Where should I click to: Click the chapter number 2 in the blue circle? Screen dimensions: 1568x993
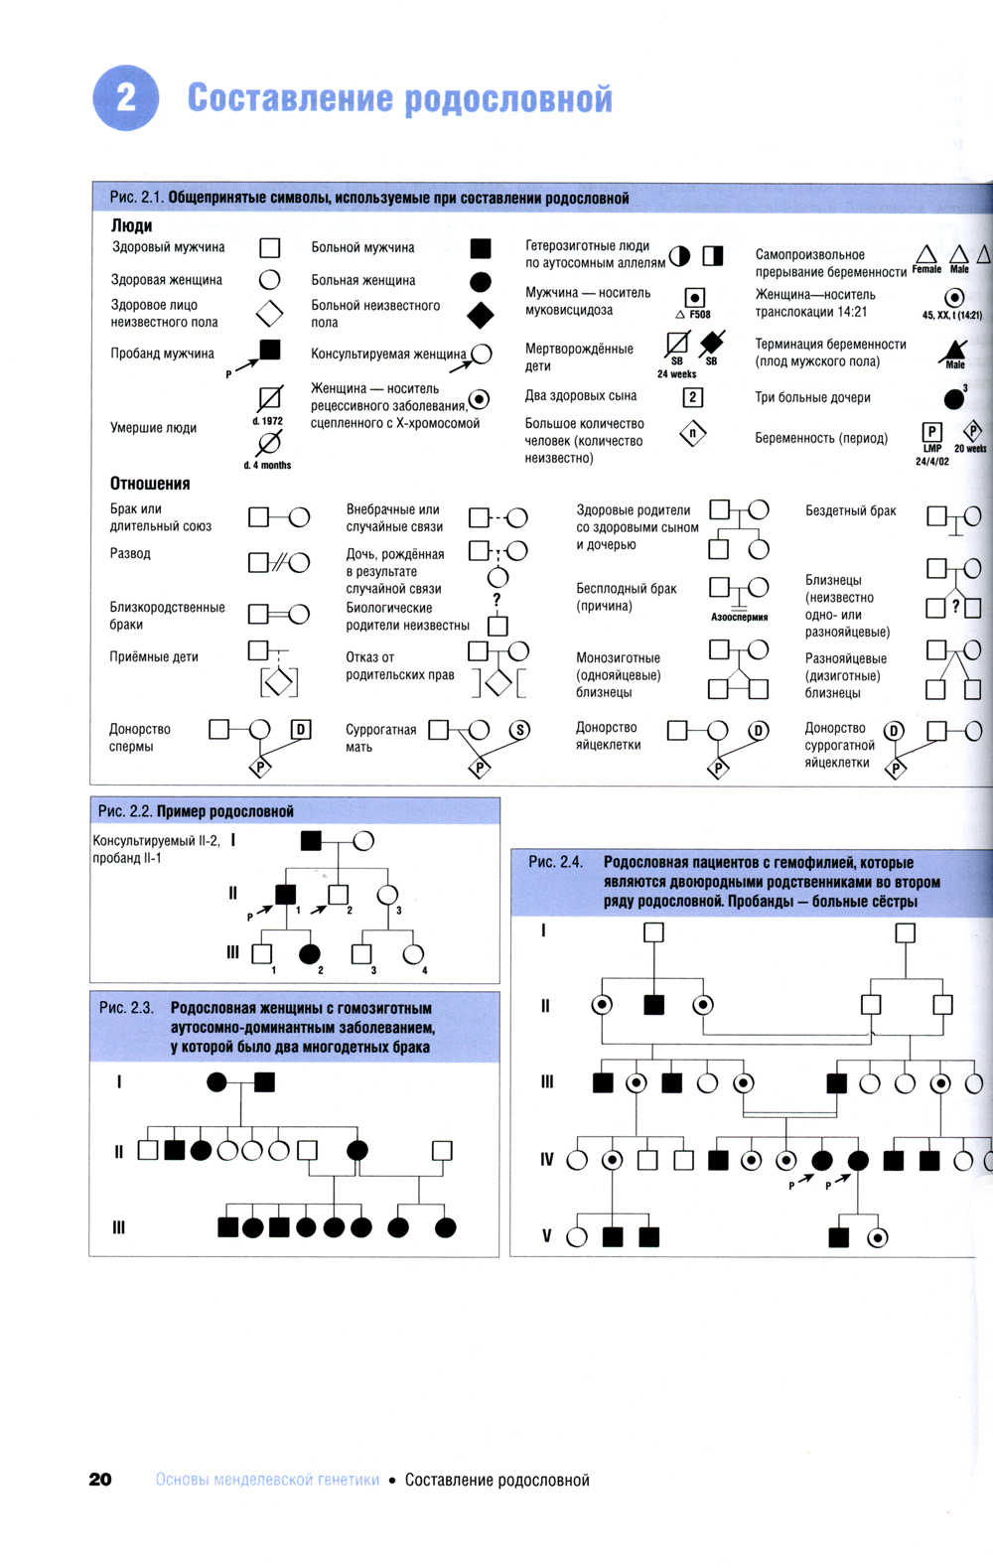(x=125, y=97)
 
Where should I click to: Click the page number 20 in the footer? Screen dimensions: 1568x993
(x=100, y=1480)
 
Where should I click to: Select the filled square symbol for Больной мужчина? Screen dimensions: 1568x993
(x=481, y=247)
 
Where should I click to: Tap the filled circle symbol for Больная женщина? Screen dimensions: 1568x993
(x=481, y=281)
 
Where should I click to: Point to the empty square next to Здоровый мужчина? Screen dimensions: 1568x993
(x=269, y=247)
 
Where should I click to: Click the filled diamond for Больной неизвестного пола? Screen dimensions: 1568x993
(x=481, y=315)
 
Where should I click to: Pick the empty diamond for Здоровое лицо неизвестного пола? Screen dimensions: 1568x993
(x=269, y=314)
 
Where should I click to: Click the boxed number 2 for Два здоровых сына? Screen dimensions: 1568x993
(x=693, y=397)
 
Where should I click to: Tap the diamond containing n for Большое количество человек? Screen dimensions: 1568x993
(x=693, y=434)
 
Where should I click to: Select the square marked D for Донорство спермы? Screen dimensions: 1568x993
(x=301, y=730)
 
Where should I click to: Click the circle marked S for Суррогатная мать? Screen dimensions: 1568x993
(x=519, y=730)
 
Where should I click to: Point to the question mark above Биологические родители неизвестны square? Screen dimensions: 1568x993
(x=496, y=600)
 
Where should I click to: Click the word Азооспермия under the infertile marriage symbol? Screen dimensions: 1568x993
(x=740, y=617)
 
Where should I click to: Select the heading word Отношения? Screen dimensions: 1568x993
(x=150, y=484)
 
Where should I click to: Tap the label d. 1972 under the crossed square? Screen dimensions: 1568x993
(x=267, y=421)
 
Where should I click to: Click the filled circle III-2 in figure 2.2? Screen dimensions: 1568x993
(x=310, y=954)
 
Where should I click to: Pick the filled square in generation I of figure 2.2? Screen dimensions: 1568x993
(x=311, y=841)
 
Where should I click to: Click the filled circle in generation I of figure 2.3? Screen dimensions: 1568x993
(x=216, y=1082)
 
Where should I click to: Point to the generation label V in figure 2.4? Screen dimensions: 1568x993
(x=546, y=1236)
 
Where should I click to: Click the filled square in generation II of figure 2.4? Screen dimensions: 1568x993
(x=653, y=1005)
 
